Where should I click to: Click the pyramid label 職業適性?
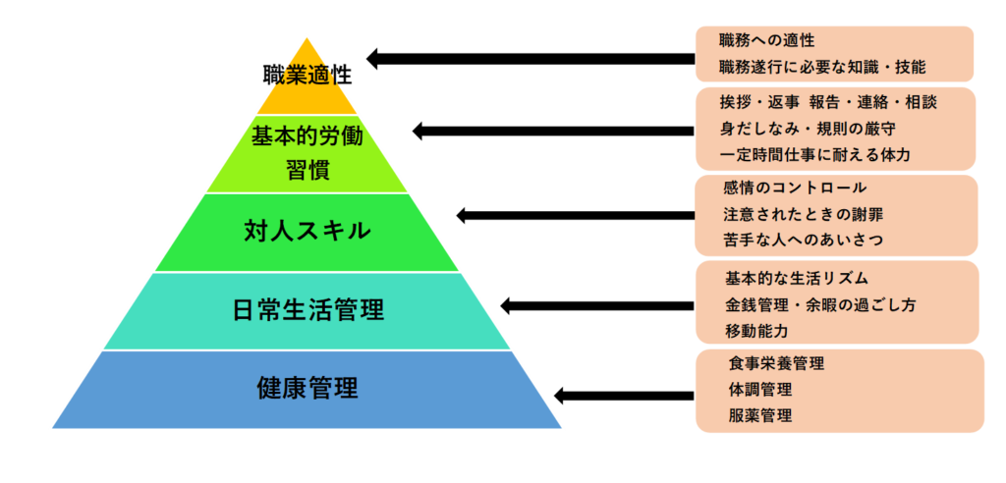(x=307, y=75)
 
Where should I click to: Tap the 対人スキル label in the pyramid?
(x=307, y=231)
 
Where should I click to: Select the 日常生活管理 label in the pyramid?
(x=307, y=310)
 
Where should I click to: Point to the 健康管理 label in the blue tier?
(x=307, y=388)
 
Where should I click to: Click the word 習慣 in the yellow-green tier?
(x=307, y=171)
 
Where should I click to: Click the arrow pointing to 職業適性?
(x=531, y=59)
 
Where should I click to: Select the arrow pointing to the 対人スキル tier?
(x=576, y=216)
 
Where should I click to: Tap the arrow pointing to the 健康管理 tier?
(x=624, y=395)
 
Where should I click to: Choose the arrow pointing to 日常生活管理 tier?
(x=597, y=305)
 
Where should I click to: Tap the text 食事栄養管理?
(x=776, y=363)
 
